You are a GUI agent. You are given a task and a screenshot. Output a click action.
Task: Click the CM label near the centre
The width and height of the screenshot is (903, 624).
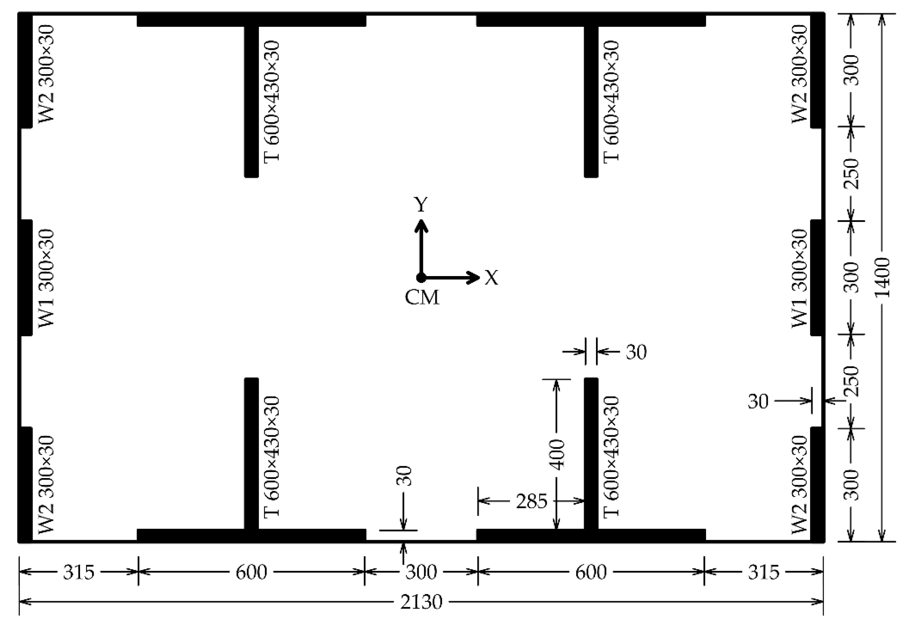pos(422,298)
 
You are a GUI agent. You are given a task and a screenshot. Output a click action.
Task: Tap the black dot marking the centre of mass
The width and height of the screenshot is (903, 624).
pos(421,278)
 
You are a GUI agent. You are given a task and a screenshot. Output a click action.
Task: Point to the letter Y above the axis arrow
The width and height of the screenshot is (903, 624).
pos(421,205)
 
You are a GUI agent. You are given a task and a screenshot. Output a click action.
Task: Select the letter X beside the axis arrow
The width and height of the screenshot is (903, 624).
pos(491,278)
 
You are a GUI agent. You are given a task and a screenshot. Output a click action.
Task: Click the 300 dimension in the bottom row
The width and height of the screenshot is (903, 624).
pos(421,572)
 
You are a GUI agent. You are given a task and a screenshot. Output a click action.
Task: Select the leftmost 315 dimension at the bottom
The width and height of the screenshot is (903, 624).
pos(78,572)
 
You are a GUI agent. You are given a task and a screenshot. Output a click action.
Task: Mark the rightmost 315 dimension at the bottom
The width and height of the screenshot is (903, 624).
pos(763,572)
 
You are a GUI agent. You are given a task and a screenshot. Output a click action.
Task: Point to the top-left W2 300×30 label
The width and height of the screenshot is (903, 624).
pos(46,73)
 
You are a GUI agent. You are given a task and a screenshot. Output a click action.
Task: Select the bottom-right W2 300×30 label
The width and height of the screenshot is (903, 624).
pos(799,485)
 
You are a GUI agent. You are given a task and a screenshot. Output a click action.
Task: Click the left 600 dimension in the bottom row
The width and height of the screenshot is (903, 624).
pos(251,572)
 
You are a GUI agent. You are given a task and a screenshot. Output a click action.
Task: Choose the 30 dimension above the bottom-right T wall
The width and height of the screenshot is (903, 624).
pos(636,352)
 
